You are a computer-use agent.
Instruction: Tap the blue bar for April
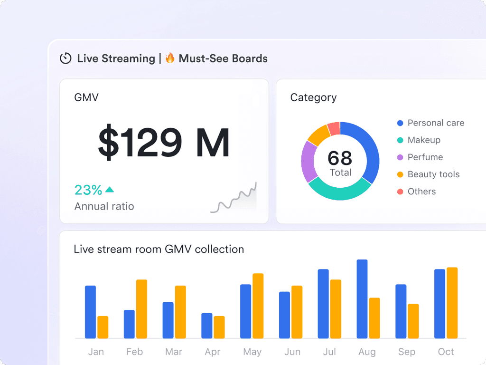pyautogui.click(x=206, y=326)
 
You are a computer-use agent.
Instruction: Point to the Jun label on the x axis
pyautogui.click(x=292, y=352)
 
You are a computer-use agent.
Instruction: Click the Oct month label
pyautogui.click(x=446, y=352)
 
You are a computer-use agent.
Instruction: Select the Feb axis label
pyautogui.click(x=134, y=352)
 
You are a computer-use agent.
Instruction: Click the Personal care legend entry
pyautogui.click(x=436, y=123)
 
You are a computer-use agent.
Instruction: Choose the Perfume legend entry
pyautogui.click(x=425, y=157)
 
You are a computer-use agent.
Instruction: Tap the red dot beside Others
pyautogui.click(x=400, y=192)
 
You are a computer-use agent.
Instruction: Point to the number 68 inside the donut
pyautogui.click(x=340, y=158)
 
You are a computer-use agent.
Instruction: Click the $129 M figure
pyautogui.click(x=164, y=142)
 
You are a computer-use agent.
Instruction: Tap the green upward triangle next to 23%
pyautogui.click(x=110, y=190)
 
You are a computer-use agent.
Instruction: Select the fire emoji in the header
pyautogui.click(x=170, y=58)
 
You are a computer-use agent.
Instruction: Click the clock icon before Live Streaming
pyautogui.click(x=65, y=58)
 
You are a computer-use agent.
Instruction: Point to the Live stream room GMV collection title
pyautogui.click(x=159, y=249)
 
